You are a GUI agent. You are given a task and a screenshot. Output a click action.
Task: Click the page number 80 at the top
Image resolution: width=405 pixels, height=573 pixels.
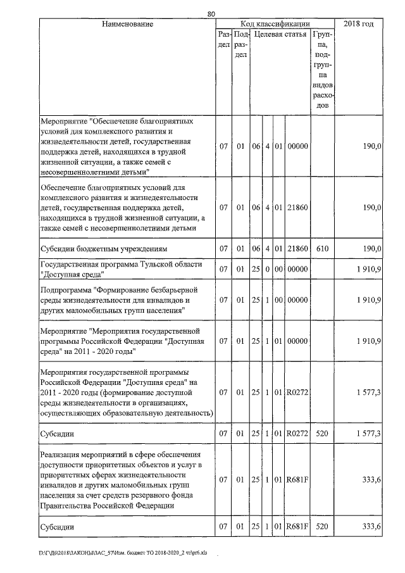click(x=211, y=13)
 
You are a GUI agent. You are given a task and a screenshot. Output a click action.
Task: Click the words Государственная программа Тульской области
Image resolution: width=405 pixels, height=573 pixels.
click(x=106, y=264)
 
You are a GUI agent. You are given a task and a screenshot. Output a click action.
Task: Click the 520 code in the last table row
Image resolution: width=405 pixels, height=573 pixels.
click(x=322, y=527)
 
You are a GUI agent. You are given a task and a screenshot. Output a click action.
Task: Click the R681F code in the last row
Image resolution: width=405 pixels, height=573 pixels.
click(x=297, y=527)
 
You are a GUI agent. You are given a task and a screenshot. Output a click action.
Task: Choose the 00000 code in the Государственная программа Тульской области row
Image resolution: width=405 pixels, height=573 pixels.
click(x=297, y=269)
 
